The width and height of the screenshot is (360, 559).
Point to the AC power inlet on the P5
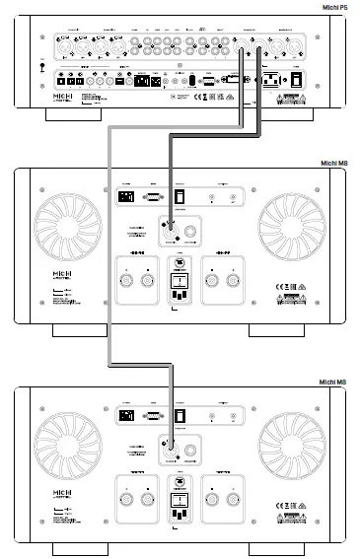[x=270, y=82]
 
